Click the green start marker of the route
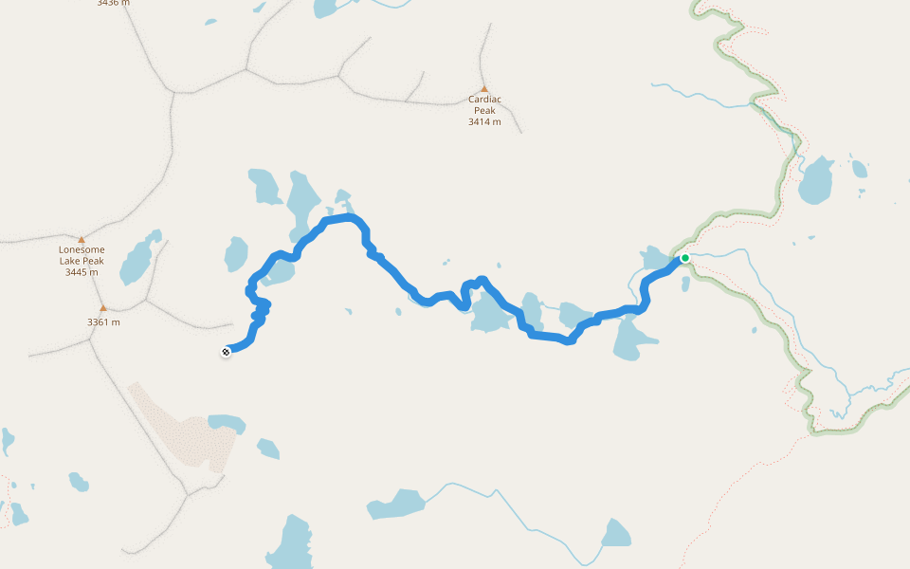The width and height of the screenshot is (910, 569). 685,258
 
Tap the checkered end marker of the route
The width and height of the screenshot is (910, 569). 226,352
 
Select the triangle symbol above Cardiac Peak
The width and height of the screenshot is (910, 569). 484,88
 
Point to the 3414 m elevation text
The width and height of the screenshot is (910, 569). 484,121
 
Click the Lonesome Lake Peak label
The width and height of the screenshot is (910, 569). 82,255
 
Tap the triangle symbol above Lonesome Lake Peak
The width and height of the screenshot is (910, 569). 82,240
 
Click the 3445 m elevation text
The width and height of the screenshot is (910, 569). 82,272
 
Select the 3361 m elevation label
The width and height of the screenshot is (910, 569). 103,321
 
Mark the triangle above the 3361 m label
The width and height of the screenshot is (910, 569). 103,307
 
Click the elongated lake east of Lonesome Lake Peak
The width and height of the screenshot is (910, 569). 138,261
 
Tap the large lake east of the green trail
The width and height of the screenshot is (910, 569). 816,180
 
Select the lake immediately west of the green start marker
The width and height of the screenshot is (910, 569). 655,257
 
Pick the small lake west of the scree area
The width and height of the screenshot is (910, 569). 78,483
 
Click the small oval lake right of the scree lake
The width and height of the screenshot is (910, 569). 268,448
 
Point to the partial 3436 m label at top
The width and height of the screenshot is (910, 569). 113,3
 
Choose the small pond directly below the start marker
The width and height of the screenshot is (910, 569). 685,283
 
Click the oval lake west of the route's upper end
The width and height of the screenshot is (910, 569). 236,254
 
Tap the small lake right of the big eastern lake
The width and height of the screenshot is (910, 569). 859,169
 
